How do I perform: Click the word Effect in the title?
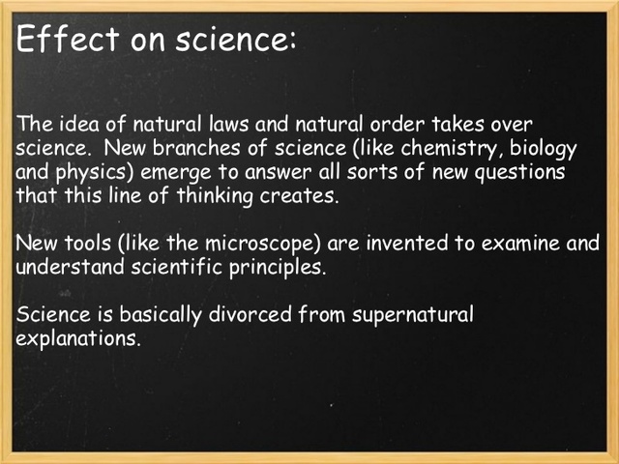60,41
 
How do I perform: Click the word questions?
523,171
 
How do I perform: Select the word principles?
277,265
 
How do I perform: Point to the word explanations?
79,338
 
